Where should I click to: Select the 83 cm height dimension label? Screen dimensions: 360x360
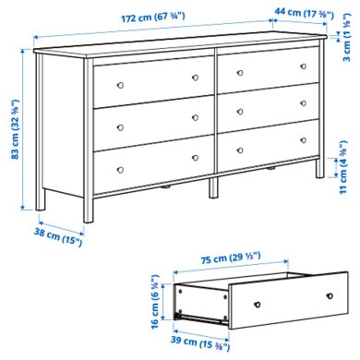(13, 129)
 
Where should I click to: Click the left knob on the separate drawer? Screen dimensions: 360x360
(259, 303)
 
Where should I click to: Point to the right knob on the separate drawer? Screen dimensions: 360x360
(329, 295)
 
